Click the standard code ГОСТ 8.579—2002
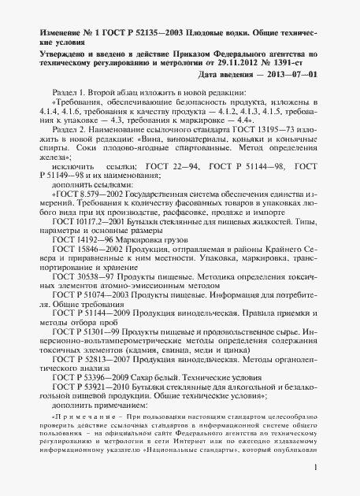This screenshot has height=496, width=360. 86,193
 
